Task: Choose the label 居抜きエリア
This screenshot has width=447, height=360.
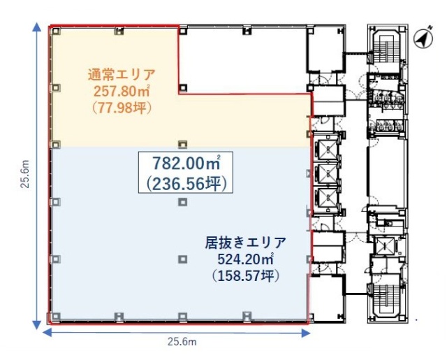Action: click(x=245, y=243)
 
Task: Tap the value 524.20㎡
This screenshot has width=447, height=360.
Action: click(x=245, y=259)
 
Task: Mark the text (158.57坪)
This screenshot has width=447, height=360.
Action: click(x=245, y=276)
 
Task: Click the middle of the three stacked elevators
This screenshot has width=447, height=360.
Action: click(x=325, y=173)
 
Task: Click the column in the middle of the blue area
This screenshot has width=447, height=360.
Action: click(x=182, y=202)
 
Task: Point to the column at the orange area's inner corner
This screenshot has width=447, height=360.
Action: click(x=182, y=87)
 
